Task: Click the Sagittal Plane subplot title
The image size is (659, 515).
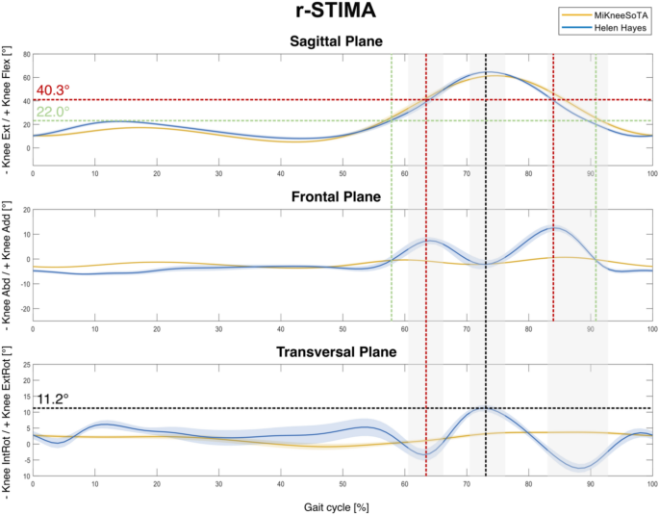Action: (342, 42)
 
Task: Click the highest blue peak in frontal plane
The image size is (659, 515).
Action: (552, 228)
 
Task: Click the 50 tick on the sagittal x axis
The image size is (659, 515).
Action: (342, 174)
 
